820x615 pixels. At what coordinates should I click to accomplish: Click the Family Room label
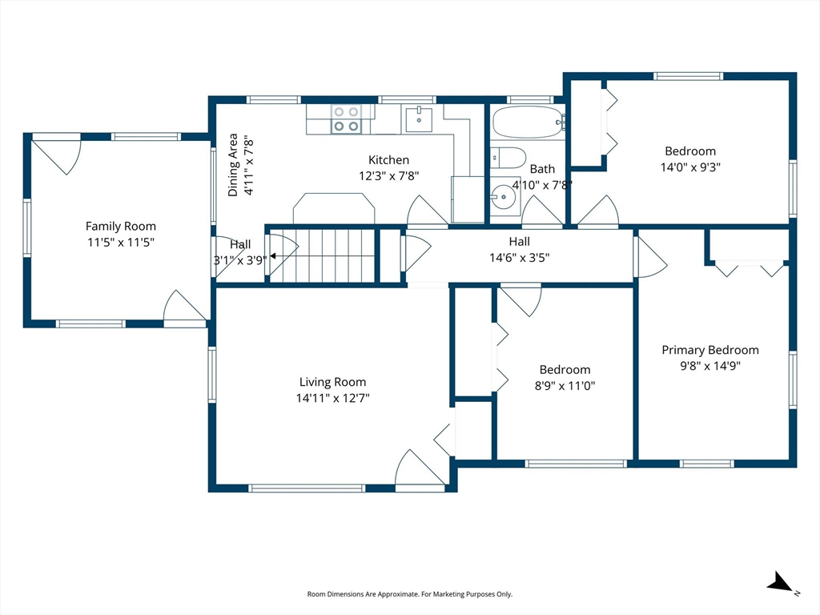121,227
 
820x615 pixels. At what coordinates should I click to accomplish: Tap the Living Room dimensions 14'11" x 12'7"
332,398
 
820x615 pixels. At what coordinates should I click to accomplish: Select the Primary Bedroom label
710,350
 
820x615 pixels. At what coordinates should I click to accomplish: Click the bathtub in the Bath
529,123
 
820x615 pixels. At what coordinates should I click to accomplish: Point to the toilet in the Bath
508,158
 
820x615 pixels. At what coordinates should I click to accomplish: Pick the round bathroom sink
504,197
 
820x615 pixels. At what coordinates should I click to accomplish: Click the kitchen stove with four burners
346,119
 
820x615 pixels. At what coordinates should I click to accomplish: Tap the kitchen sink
419,119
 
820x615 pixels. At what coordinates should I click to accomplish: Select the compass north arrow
780,583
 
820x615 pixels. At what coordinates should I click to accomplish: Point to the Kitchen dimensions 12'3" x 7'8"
388,175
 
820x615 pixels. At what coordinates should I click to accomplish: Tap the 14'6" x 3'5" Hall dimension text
519,257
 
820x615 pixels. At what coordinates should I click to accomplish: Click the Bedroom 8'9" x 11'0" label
565,370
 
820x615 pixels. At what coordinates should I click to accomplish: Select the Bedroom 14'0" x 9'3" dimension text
690,167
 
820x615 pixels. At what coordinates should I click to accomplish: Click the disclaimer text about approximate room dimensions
409,594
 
